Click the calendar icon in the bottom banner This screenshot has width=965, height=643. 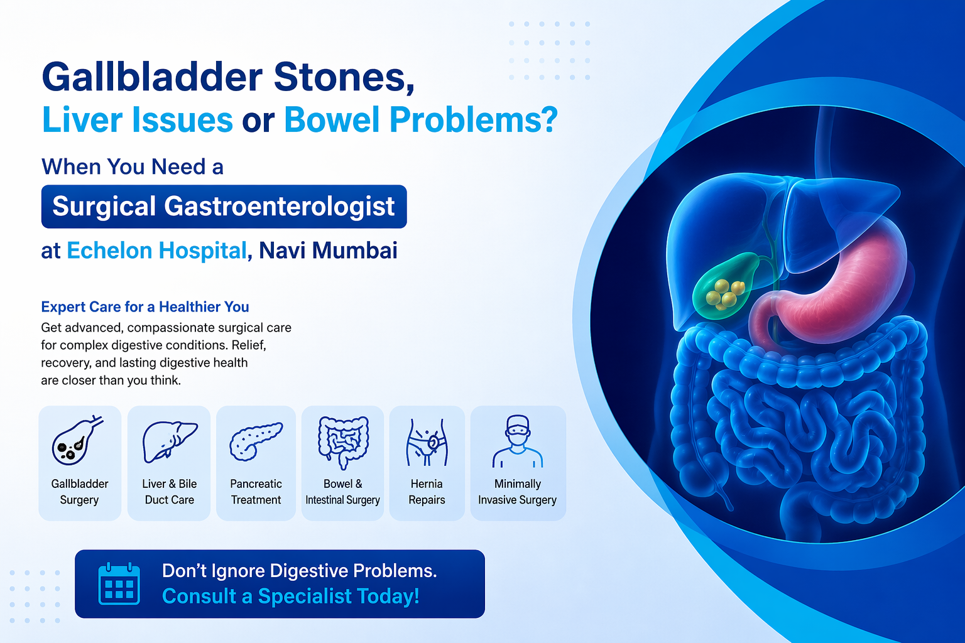point(119,583)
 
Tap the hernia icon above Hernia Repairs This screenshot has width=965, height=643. point(427,442)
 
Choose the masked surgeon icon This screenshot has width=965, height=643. point(518,441)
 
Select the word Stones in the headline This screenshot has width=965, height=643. point(344,77)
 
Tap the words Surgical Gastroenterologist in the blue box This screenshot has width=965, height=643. point(224,207)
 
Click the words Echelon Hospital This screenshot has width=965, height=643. point(156,251)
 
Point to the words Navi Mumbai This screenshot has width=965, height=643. point(328,251)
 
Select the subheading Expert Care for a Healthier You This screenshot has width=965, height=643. point(145,307)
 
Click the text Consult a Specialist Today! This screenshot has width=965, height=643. point(290,596)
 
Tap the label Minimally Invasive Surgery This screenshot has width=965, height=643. point(518,492)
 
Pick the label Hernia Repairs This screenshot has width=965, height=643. point(427,492)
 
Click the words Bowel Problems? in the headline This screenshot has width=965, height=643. point(420,120)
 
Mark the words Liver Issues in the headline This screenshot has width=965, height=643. point(138,120)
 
